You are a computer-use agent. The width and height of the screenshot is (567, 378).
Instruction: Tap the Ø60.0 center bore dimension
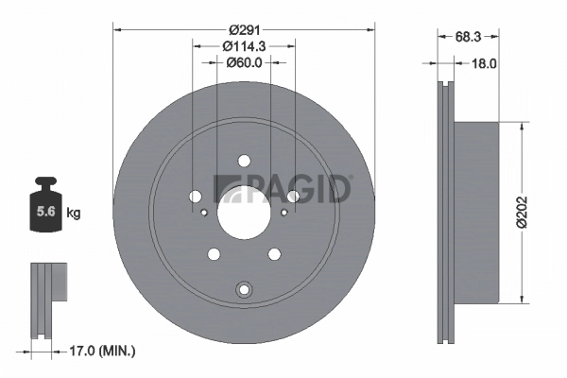244,63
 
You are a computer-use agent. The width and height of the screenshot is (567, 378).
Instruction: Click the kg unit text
74,214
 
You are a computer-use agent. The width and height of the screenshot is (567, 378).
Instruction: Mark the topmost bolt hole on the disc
244,161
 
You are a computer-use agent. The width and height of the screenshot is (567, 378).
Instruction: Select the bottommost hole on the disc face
244,288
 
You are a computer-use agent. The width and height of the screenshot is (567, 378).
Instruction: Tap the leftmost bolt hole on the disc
196,197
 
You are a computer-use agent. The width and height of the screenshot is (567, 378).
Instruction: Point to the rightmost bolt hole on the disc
293,197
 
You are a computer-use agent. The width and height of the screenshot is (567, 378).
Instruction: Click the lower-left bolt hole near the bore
214,253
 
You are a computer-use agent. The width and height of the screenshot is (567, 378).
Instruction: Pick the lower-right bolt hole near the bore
274,253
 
